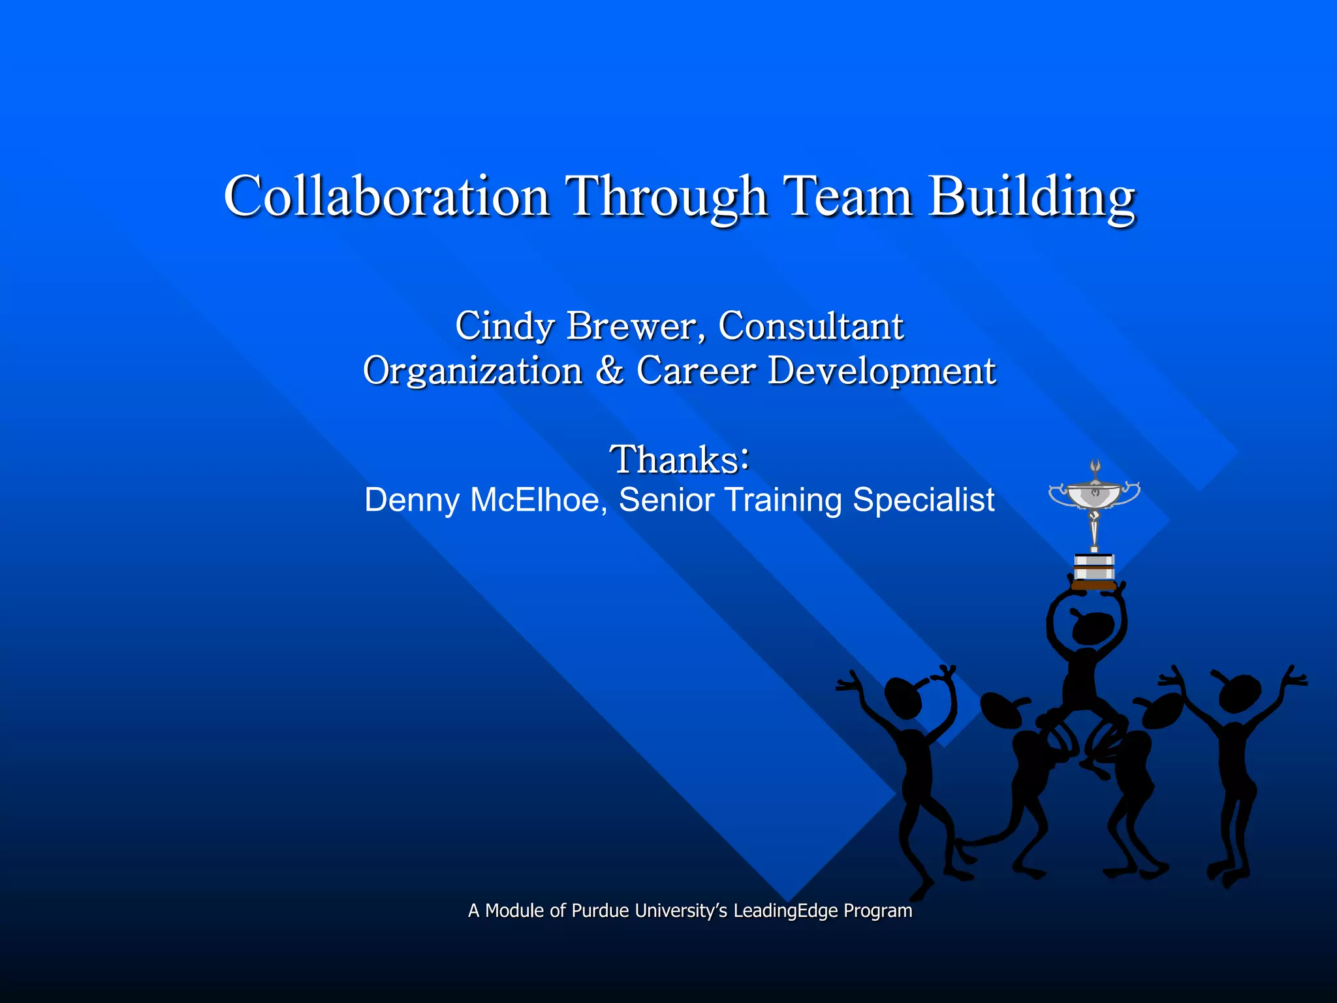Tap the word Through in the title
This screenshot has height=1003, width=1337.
(x=666, y=197)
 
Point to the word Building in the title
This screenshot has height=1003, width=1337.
(x=1032, y=197)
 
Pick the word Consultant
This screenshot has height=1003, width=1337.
(x=811, y=326)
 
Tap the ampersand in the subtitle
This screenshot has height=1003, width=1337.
(x=609, y=371)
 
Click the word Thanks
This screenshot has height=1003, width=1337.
(x=674, y=459)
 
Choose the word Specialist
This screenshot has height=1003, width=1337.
(x=923, y=500)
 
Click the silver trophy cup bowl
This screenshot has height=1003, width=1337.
(x=1095, y=495)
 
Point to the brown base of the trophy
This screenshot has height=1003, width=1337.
(x=1094, y=585)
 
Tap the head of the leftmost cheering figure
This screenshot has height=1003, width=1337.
(x=903, y=698)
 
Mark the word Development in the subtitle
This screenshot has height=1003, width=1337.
(x=881, y=371)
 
